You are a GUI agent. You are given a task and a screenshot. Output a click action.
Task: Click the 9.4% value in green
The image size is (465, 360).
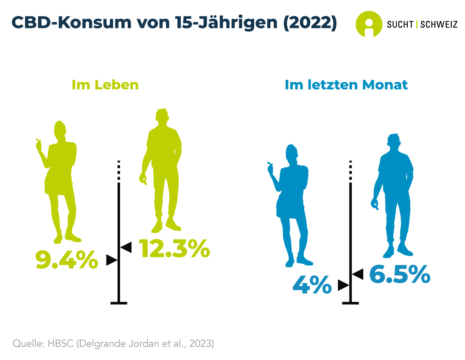coord(66,260)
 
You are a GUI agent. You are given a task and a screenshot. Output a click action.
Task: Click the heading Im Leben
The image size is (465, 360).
coord(105,84)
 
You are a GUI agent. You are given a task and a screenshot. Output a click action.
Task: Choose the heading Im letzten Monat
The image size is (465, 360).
coord(346,84)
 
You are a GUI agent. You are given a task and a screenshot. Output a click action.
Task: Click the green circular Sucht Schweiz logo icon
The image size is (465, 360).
coord(368,24)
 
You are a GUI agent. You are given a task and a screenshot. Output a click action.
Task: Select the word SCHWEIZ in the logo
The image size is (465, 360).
coord(439,25)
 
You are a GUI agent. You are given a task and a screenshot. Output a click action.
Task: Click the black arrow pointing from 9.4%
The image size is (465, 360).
coord(111,260)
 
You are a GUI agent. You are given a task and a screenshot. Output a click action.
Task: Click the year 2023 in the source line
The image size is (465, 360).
coord(201,343)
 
